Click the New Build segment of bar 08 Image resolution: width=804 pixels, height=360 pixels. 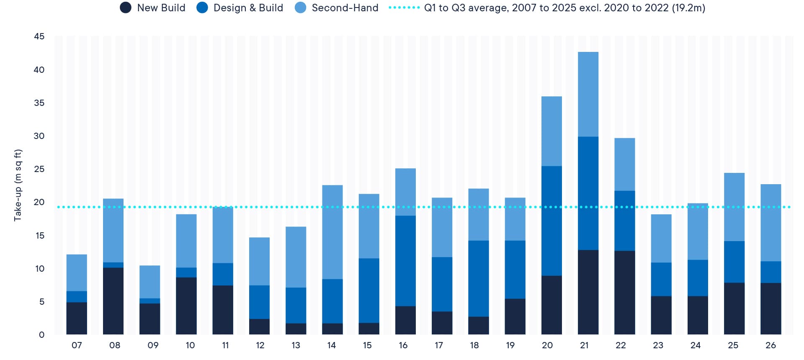(x=113, y=301)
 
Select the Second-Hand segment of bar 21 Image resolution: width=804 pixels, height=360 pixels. (x=588, y=94)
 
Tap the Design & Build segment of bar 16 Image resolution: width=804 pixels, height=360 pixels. (x=405, y=261)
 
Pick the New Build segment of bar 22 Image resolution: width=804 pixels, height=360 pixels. (x=624, y=293)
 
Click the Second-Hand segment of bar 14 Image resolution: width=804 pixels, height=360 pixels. (x=332, y=232)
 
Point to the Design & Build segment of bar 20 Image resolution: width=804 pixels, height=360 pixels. (x=551, y=221)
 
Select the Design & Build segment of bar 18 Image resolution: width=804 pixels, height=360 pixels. (x=478, y=279)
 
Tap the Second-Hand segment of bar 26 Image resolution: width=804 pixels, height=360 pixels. (x=770, y=223)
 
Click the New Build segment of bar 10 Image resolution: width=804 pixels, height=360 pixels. (x=186, y=306)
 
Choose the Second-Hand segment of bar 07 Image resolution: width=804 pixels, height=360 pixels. (x=77, y=273)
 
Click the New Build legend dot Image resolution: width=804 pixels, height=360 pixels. (x=126, y=8)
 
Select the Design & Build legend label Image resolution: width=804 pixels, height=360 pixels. (x=248, y=8)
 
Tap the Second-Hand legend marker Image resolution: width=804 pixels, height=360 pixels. (x=300, y=8)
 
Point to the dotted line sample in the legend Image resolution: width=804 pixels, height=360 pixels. (x=404, y=8)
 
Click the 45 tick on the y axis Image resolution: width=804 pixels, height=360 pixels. (x=39, y=36)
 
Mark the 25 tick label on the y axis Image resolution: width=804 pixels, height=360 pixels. (x=39, y=169)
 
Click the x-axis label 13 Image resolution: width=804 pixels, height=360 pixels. (x=296, y=345)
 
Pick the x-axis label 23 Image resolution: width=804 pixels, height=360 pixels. (x=658, y=345)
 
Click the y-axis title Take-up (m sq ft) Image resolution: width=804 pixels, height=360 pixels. (x=18, y=185)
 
